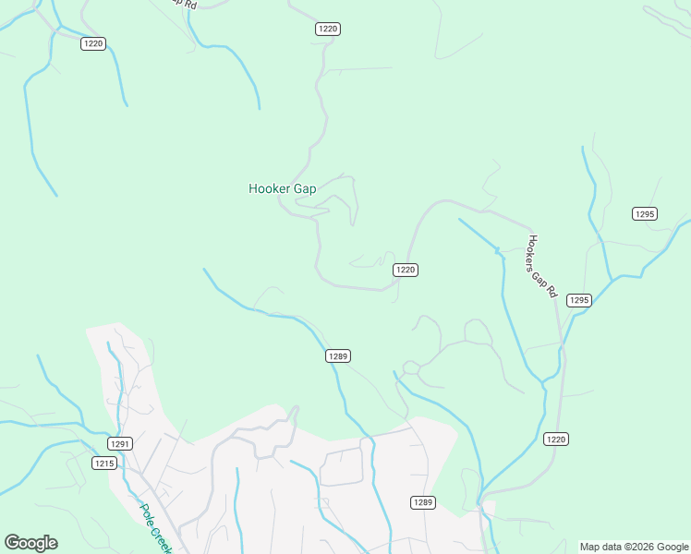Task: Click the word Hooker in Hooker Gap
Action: coord(270,188)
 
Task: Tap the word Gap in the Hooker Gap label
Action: coord(305,188)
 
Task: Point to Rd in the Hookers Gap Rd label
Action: coord(552,290)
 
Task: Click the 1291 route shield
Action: coord(120,443)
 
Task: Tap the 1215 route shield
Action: coord(104,463)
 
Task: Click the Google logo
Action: coord(30,543)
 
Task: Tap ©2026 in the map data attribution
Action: coord(639,547)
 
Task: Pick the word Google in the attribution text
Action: coord(673,547)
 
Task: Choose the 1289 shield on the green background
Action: coord(338,355)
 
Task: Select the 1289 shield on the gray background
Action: coord(422,501)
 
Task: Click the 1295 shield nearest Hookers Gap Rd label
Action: coord(578,300)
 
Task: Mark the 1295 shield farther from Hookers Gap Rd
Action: coord(645,213)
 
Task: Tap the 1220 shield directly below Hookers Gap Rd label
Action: coord(554,439)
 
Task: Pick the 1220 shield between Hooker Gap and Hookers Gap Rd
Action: coord(406,270)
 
